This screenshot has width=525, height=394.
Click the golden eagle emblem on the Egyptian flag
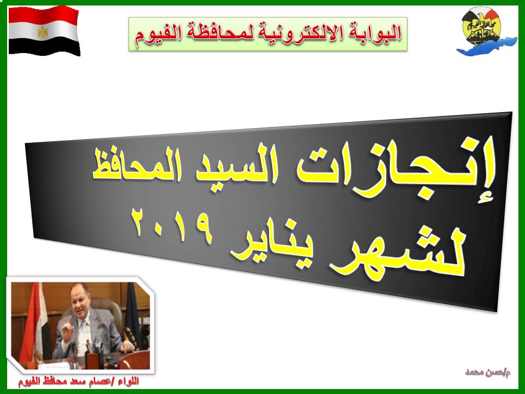click(x=43, y=32)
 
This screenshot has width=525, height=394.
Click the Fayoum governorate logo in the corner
click(x=485, y=31)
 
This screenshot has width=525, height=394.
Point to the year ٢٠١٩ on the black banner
click(x=173, y=224)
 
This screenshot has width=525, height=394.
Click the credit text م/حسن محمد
click(x=488, y=372)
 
